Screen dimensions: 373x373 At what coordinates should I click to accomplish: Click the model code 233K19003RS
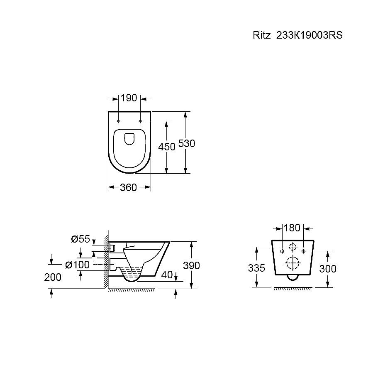(309, 35)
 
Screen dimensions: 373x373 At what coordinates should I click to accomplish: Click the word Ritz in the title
(261, 35)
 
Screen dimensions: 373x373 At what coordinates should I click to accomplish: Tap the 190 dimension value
(129, 98)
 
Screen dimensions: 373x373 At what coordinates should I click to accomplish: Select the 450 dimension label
(167, 147)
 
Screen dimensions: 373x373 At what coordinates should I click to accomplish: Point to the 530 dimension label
(187, 143)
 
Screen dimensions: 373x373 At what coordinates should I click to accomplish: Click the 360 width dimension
(129, 187)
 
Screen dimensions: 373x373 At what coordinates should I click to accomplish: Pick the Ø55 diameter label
(80, 239)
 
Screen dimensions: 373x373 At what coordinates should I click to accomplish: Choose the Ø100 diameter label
(77, 265)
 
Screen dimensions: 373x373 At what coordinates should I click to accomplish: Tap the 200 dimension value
(53, 277)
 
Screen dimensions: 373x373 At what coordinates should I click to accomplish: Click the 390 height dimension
(192, 265)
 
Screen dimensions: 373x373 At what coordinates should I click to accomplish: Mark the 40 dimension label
(167, 275)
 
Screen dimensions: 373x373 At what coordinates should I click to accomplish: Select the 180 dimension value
(292, 228)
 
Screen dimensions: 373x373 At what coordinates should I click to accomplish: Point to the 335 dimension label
(256, 268)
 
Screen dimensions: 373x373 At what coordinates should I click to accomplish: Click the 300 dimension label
(328, 269)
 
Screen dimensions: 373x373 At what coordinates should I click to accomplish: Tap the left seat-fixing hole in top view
(118, 121)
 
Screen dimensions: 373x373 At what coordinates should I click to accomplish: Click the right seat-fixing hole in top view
(140, 121)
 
